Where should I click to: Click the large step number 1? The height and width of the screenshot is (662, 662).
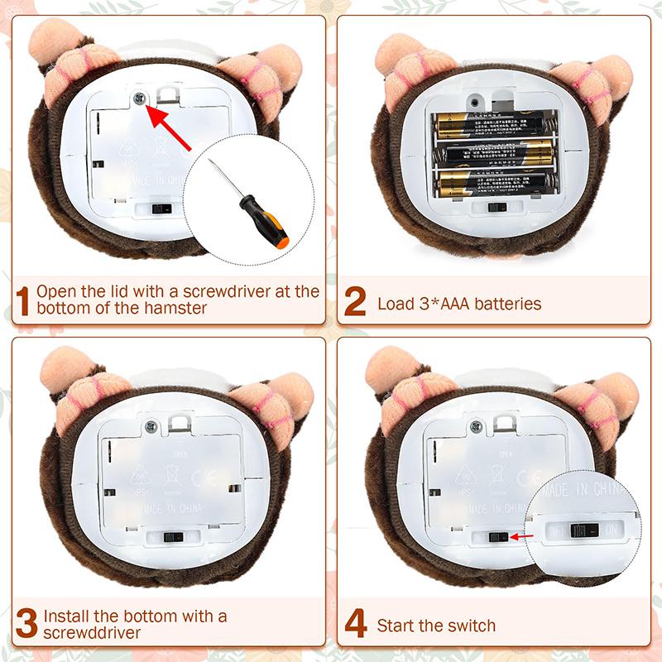pos(23,301)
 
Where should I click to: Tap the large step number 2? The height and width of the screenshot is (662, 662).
pos(354,302)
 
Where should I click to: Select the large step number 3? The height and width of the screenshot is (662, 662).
pos(26,624)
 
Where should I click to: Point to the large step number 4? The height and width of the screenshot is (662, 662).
pos(356,624)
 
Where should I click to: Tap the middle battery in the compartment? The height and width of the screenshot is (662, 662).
pos(490,153)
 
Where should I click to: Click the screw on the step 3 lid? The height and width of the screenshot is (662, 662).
pos(151,426)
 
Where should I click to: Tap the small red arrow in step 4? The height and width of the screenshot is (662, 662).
pos(520,538)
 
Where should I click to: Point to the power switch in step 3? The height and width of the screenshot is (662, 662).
pos(173,537)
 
